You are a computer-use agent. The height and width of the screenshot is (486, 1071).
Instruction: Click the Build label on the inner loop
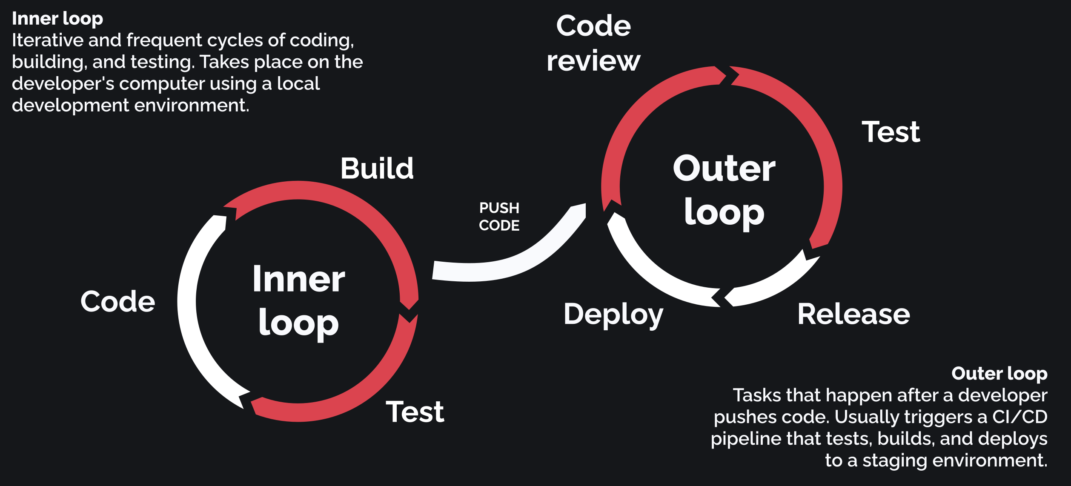pyautogui.click(x=377, y=168)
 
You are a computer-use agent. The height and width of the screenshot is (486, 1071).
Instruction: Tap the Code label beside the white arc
pyautogui.click(x=118, y=301)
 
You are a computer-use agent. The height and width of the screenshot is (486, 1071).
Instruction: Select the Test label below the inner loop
pyautogui.click(x=415, y=412)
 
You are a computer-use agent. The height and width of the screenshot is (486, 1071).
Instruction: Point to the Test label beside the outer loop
pyautogui.click(x=891, y=132)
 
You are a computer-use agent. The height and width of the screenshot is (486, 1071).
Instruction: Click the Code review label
pyautogui.click(x=593, y=43)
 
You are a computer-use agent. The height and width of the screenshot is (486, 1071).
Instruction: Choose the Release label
pyautogui.click(x=853, y=314)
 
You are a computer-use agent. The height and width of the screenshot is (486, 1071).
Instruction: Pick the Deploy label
pyautogui.click(x=613, y=315)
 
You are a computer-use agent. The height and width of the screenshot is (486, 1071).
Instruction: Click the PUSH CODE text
pyautogui.click(x=499, y=217)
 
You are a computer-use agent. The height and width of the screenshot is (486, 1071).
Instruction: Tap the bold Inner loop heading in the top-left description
pyautogui.click(x=57, y=19)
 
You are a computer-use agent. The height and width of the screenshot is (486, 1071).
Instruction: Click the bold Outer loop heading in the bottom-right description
pyautogui.click(x=999, y=373)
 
